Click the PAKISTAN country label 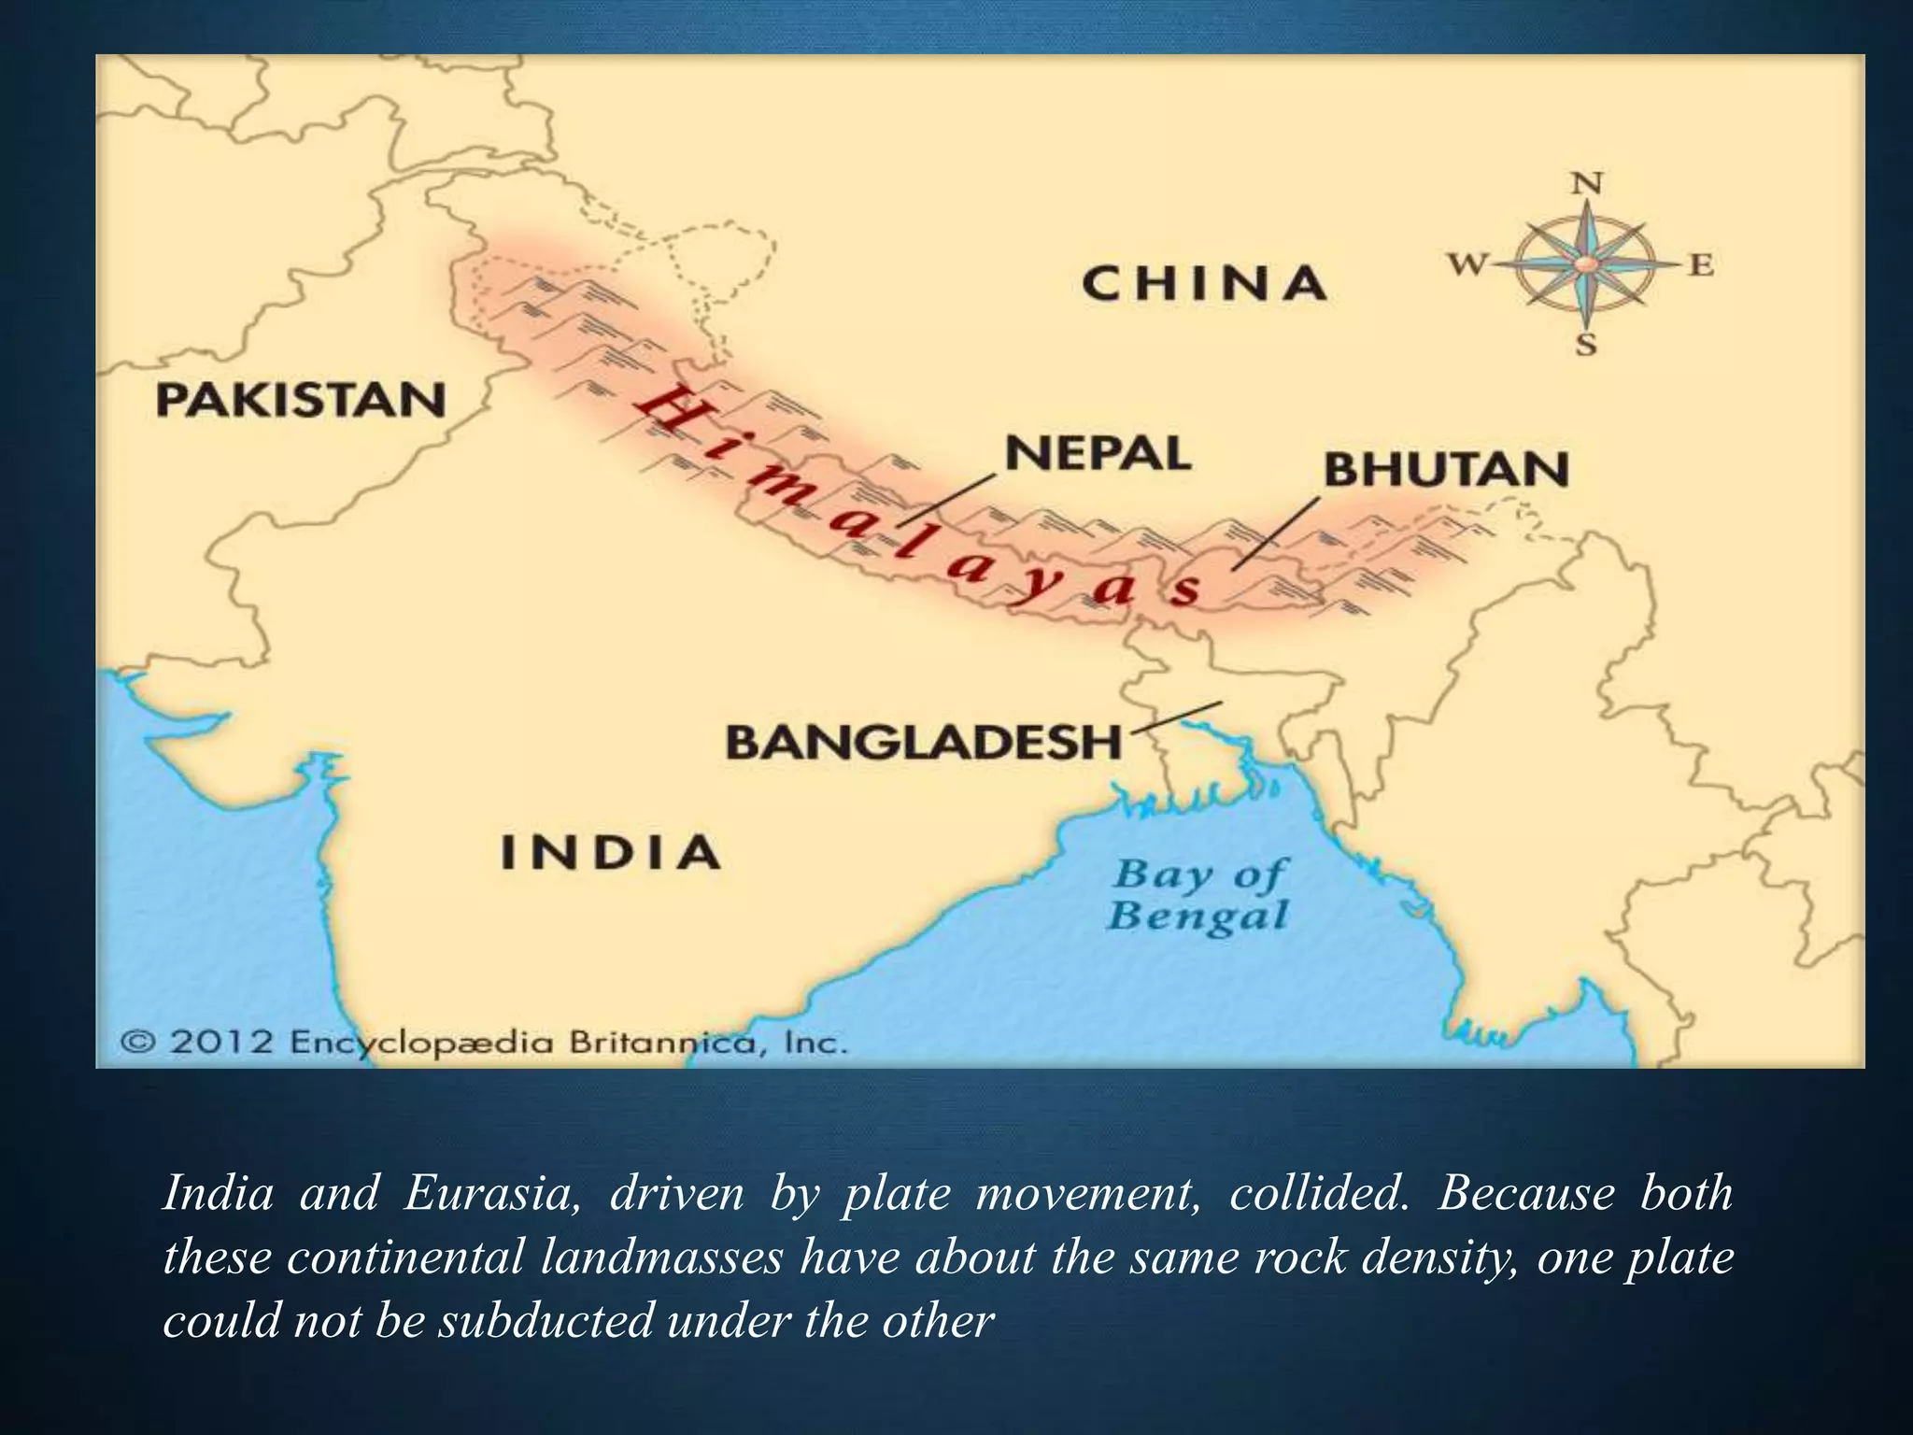pos(301,401)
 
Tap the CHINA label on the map pos(1204,283)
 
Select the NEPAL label pos(1098,454)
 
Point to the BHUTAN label pos(1446,469)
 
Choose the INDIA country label pos(611,852)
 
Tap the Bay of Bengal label pos(1198,895)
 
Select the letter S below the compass pos(1586,346)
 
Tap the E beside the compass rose pos(1702,266)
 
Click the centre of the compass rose pos(1585,265)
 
